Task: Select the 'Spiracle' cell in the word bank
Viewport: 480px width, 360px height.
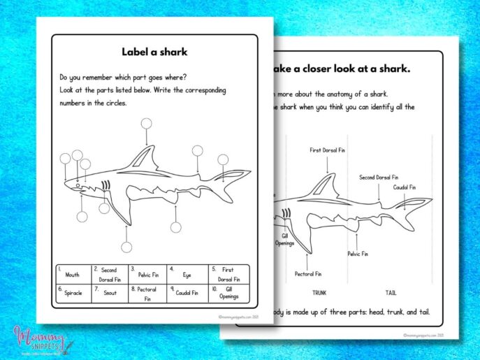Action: pyautogui.click(x=73, y=293)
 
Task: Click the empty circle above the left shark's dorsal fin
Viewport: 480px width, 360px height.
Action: pyautogui.click(x=145, y=124)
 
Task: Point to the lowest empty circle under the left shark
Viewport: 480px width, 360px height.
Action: pyautogui.click(x=126, y=247)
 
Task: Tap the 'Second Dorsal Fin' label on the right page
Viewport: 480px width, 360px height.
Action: pyautogui.click(x=378, y=178)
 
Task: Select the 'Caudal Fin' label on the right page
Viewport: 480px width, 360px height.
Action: pyautogui.click(x=404, y=187)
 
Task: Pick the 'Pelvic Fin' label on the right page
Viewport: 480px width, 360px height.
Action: pyautogui.click(x=358, y=254)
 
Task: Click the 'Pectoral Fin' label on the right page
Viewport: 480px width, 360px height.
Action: pyautogui.click(x=307, y=274)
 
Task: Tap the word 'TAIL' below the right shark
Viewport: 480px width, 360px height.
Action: pyautogui.click(x=391, y=293)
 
